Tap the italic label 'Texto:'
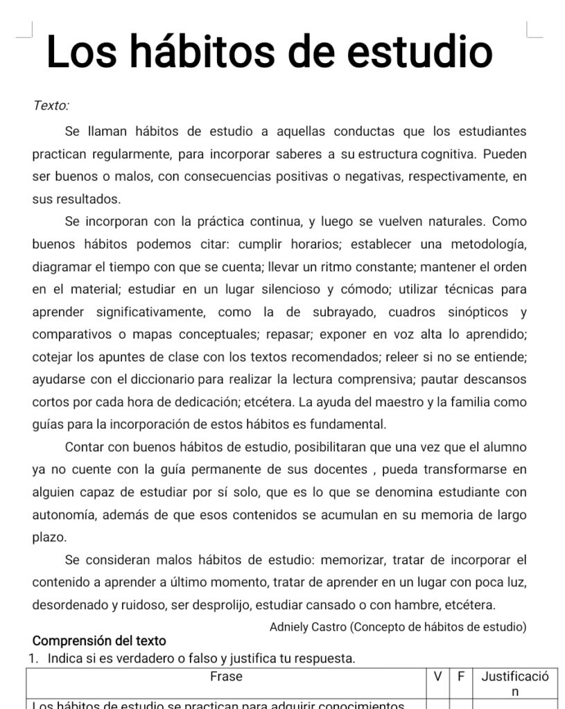[51, 106]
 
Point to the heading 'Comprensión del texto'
[99, 641]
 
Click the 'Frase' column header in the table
[226, 676]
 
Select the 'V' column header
[437, 676]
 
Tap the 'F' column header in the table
[459, 676]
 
